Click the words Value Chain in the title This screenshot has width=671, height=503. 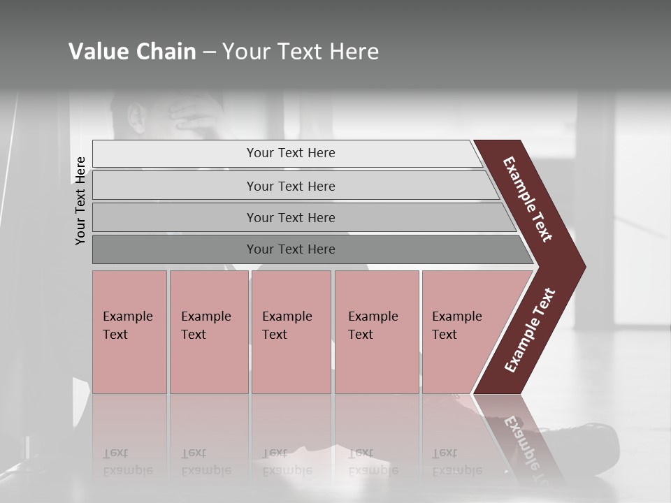pos(132,52)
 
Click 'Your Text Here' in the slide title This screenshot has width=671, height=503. pos(301,52)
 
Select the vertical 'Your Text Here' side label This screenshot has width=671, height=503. pos(80,201)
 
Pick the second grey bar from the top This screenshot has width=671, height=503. pos(290,186)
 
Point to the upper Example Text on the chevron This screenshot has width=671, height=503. pos(528,199)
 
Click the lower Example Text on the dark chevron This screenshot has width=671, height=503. pos(530,330)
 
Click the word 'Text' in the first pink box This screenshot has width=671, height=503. pos(115,335)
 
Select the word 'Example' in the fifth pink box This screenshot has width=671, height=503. pos(456,316)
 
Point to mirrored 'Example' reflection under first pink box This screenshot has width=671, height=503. pos(127,470)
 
